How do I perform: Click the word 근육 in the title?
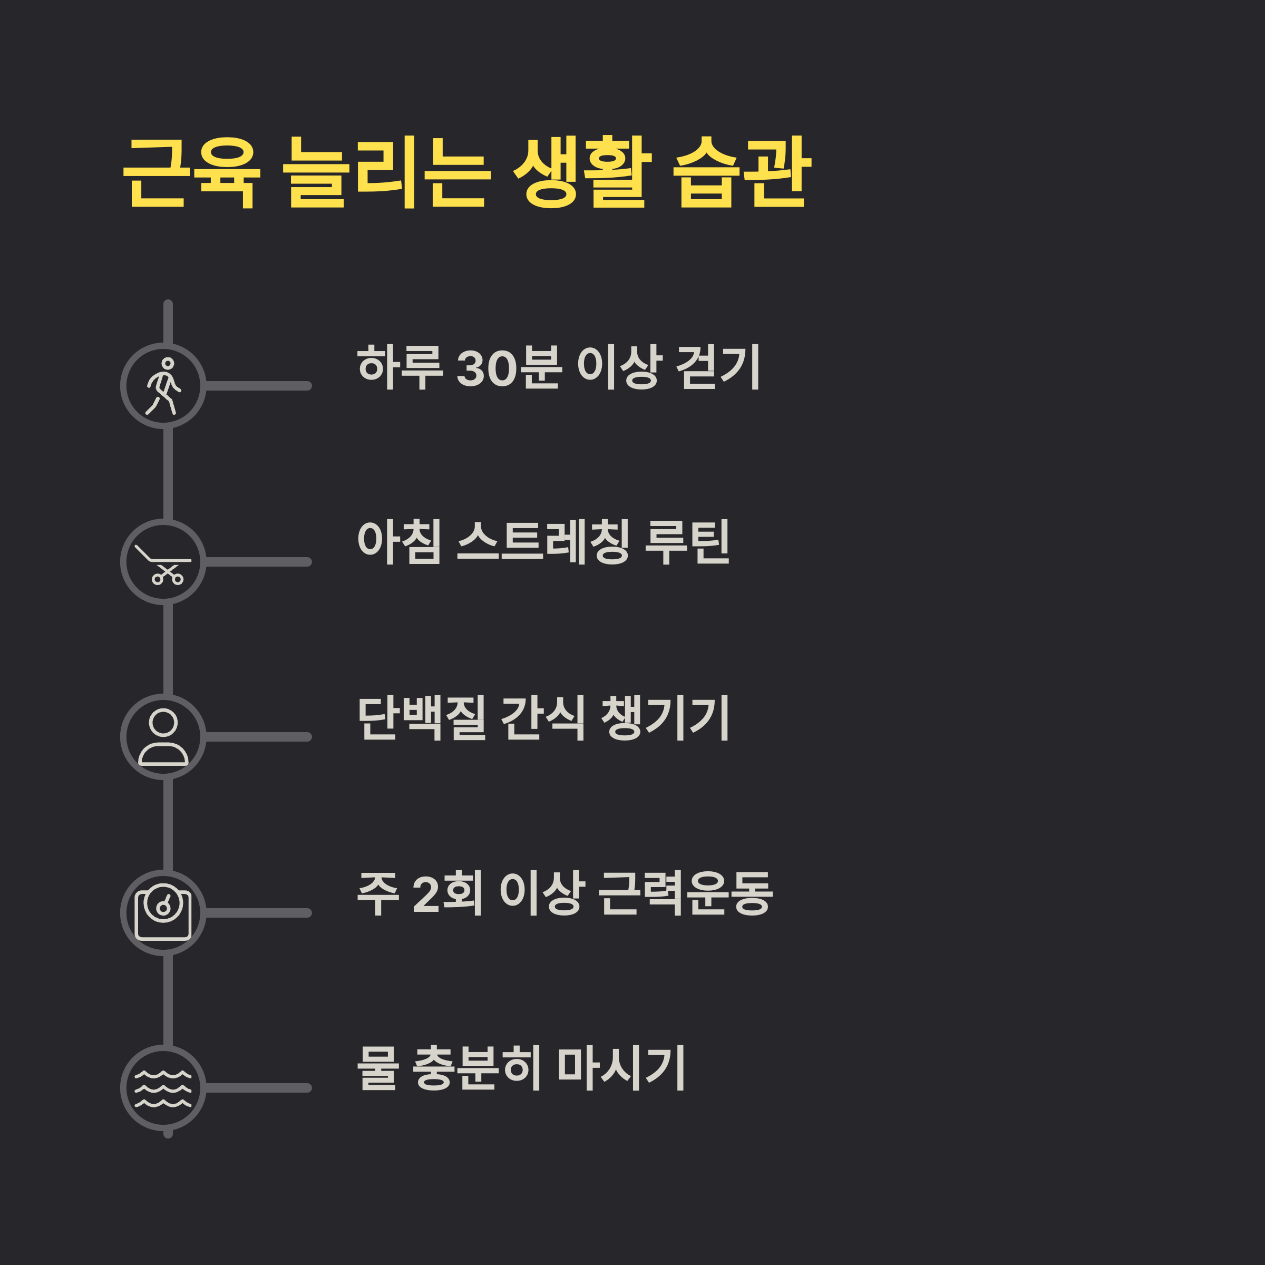pos(191,173)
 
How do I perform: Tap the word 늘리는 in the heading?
pos(386,173)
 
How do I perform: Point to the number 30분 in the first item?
pos(509,367)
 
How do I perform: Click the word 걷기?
pos(717,367)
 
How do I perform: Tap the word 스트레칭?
pos(543,542)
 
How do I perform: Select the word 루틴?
pos(687,542)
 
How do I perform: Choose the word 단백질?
pos(422,717)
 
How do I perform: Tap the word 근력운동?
pos(686,893)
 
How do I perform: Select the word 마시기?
pos(621,1068)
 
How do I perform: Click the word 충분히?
pos(476,1068)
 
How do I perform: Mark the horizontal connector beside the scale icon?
pos(257,913)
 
